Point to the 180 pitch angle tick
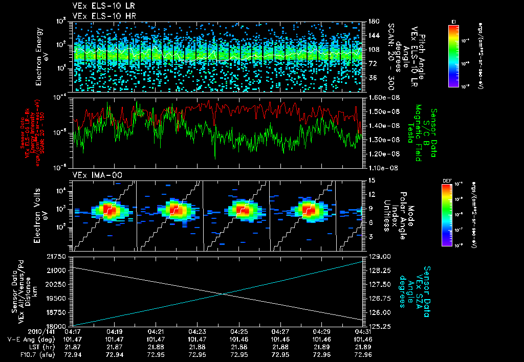[x=373, y=21]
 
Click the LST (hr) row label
[x=26, y=346]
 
